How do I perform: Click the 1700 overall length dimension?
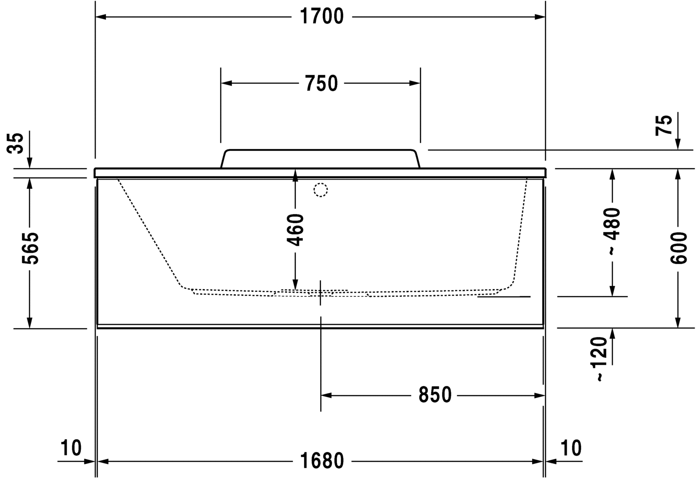(321, 17)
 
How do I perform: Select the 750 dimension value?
(321, 83)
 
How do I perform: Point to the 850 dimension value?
(434, 396)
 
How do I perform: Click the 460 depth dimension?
(295, 229)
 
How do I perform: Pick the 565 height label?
(30, 248)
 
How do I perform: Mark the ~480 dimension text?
(613, 231)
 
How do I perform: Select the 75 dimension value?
(665, 125)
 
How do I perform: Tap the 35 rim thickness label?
(17, 143)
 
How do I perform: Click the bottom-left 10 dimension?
(71, 448)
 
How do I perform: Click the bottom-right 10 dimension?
(571, 448)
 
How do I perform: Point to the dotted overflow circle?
(321, 190)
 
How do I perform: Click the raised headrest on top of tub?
(320, 158)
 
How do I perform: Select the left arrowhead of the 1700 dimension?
(101, 17)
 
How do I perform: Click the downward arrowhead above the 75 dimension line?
(678, 144)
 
